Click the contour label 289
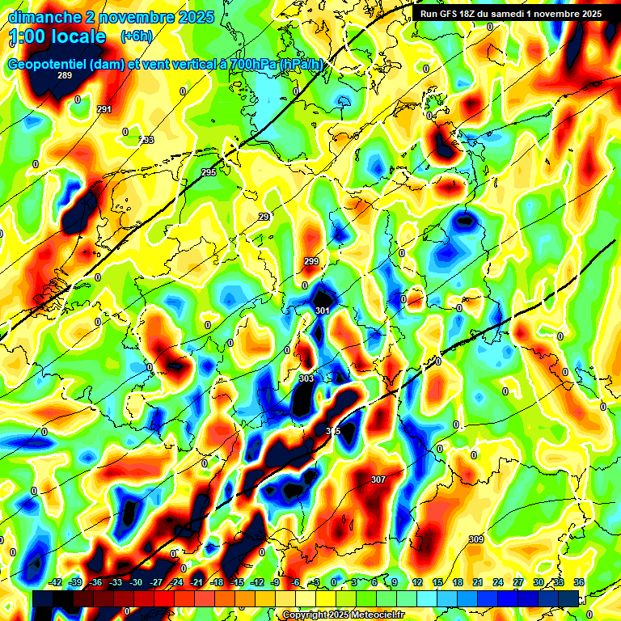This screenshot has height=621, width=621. (65, 75)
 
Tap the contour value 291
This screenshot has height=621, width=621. (104, 109)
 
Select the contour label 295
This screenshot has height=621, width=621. (209, 172)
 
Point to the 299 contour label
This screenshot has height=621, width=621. (311, 261)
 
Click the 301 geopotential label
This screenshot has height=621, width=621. (323, 310)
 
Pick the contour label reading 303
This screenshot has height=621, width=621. (306, 378)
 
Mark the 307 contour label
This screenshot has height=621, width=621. (378, 479)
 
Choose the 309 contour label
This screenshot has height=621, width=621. (476, 539)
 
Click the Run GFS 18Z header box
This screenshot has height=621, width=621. (510, 14)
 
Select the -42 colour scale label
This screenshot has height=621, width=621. (56, 582)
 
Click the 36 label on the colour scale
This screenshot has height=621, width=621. (579, 582)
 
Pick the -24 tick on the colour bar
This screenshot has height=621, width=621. (176, 582)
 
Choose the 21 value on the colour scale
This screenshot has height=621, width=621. (479, 582)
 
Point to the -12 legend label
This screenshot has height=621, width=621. (257, 582)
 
